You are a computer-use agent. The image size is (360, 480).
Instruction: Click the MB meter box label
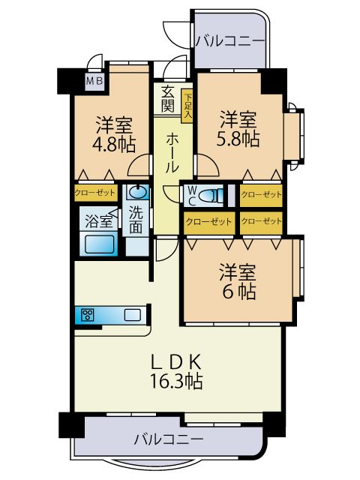[x=95, y=81]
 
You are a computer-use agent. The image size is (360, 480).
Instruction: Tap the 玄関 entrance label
[x=168, y=98]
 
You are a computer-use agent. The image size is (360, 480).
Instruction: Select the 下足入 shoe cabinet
[x=187, y=106]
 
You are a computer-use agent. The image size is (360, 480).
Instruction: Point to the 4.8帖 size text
[x=114, y=144]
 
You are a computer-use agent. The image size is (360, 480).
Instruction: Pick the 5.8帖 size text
[x=238, y=139]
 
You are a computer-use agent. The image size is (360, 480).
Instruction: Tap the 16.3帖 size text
[x=176, y=381]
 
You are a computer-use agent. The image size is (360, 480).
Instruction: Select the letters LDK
[x=177, y=361]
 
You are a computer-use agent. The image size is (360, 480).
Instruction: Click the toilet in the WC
[x=211, y=195]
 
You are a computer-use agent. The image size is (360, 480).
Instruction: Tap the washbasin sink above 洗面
[x=136, y=193]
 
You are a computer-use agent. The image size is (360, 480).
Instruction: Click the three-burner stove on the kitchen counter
[x=88, y=315]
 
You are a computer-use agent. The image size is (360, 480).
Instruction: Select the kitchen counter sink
[x=133, y=315]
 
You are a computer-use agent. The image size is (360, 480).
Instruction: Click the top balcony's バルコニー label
[x=230, y=40]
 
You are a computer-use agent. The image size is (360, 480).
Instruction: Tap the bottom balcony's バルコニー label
[x=169, y=439]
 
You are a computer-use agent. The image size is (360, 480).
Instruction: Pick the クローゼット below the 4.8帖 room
[x=96, y=193]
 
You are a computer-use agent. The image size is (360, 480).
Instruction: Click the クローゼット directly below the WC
[x=208, y=222]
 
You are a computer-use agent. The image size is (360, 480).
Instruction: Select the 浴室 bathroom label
[x=98, y=221]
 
